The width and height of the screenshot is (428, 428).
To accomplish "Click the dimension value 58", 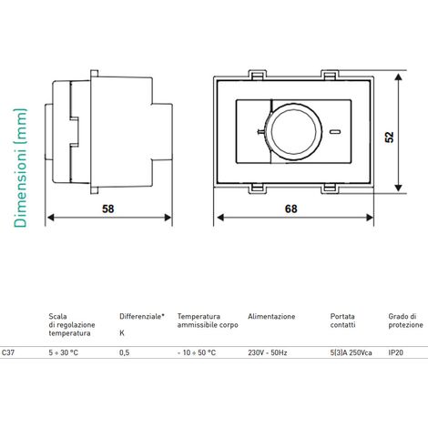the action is pos(108,209).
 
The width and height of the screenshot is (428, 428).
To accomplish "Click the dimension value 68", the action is pos(290,209).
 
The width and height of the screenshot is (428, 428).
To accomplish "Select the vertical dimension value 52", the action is pos(389,137).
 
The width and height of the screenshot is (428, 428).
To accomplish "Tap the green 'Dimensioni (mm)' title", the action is pos(20,168).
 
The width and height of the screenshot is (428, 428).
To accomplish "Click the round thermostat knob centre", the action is pos(293,131).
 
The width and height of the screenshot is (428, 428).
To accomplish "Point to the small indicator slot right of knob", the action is pos(334,132).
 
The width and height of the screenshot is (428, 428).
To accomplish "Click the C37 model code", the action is pos(8,352).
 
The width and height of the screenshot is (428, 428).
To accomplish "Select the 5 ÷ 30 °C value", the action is pos(64,352).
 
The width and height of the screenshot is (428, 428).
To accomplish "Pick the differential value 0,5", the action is pos(125,352).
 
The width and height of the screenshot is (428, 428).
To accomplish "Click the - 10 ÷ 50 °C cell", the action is pos(197,352).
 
